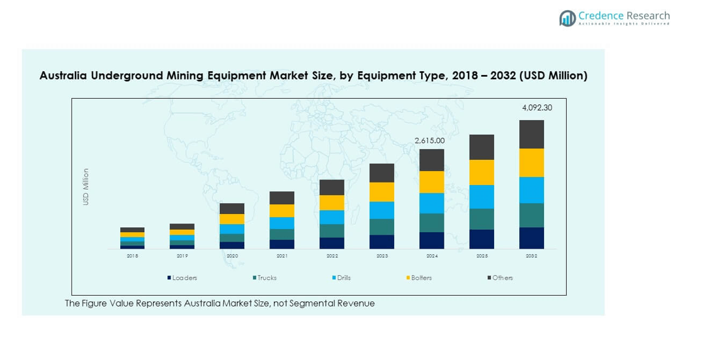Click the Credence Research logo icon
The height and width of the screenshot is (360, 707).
567,18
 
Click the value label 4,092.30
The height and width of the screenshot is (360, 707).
536,108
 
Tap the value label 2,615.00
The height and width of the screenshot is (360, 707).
429,140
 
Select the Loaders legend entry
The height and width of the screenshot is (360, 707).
182,278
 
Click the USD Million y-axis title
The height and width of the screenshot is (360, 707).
86,186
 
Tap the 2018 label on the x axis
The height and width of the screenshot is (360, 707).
132,256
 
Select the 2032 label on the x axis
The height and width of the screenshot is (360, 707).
531,256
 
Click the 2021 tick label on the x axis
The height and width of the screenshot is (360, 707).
282,256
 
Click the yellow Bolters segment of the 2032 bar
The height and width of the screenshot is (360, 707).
531,162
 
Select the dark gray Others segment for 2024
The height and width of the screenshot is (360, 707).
432,160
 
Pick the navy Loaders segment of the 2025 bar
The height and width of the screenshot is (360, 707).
482,239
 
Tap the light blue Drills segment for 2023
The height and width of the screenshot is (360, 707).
382,210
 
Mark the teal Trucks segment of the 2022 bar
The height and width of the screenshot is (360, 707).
332,230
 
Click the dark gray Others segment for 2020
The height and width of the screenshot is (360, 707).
232,208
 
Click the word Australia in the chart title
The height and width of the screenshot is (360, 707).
64,76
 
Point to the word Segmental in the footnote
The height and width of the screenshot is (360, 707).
303,303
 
